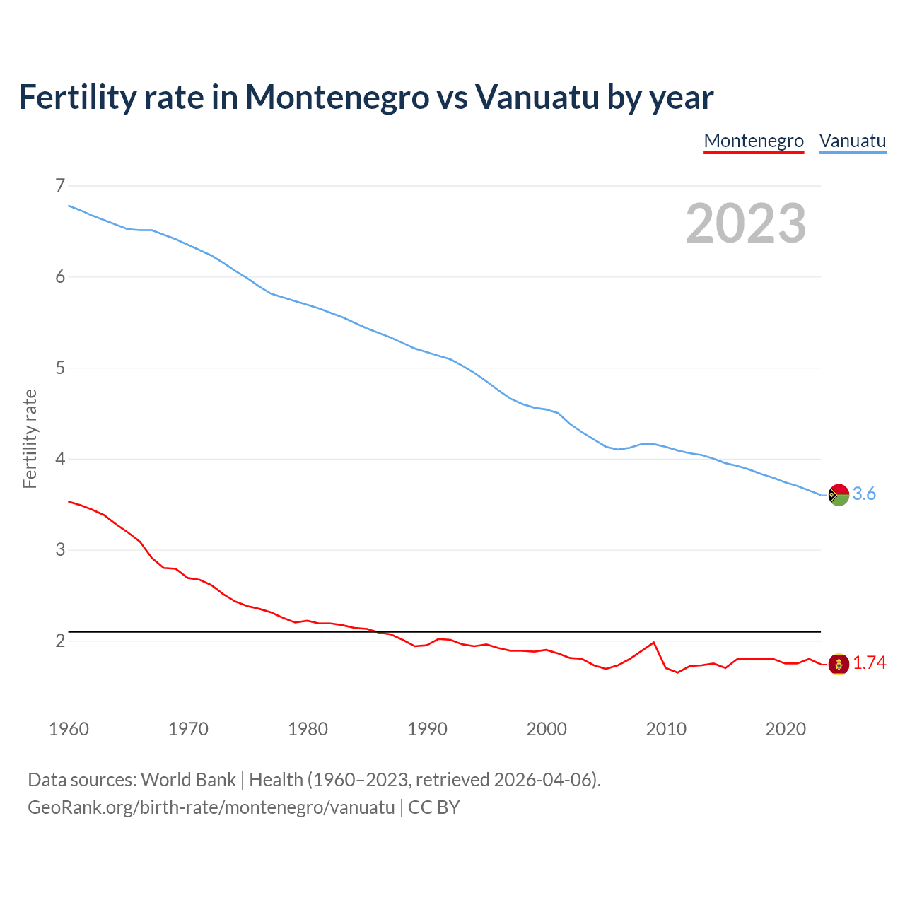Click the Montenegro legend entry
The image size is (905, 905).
[754, 141]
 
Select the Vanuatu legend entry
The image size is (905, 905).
[852, 141]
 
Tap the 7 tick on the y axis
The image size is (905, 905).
[59, 186]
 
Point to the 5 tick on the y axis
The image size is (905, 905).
[59, 368]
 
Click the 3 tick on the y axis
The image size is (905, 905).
[59, 549]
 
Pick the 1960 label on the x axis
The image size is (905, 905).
[69, 729]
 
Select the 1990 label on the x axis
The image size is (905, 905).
[427, 729]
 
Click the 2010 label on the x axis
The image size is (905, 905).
[666, 729]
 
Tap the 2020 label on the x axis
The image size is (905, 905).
[786, 729]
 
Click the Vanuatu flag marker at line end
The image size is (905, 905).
[839, 495]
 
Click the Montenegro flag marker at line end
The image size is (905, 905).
[839, 664]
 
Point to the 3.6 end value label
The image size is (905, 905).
[864, 494]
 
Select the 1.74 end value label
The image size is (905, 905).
[869, 663]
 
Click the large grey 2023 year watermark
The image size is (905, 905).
[745, 223]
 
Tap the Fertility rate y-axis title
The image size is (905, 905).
[30, 438]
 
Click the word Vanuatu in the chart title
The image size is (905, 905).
[537, 97]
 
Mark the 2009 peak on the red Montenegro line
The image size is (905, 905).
[653, 643]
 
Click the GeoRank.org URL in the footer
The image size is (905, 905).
[211, 807]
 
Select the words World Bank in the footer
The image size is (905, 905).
[188, 780]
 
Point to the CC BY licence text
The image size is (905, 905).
[434, 807]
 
